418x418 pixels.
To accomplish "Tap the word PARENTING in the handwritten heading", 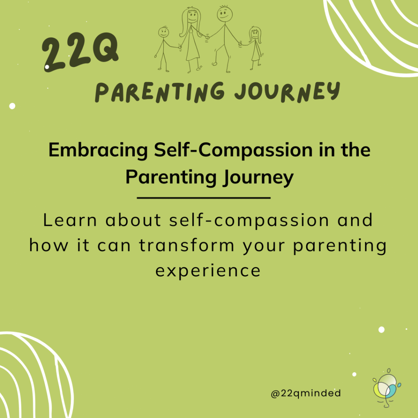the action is pos(160,92).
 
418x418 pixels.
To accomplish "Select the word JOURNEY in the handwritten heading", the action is pos(287,92).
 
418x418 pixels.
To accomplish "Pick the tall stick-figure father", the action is pos(224,39).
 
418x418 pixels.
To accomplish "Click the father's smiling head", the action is pos(225,14).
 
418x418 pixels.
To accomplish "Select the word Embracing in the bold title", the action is pos(98,151).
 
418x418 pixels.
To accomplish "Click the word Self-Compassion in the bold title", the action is pos(233,151).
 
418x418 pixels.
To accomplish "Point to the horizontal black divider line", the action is pos(204,198).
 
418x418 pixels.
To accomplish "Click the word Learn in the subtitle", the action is pos(70,220).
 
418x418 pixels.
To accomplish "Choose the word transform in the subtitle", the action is pos(187,245).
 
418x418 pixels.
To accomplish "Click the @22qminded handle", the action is pos(306,393).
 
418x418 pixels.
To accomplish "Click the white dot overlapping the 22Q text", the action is pos(47,67).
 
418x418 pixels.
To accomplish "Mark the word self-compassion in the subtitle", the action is pos(249,221).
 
